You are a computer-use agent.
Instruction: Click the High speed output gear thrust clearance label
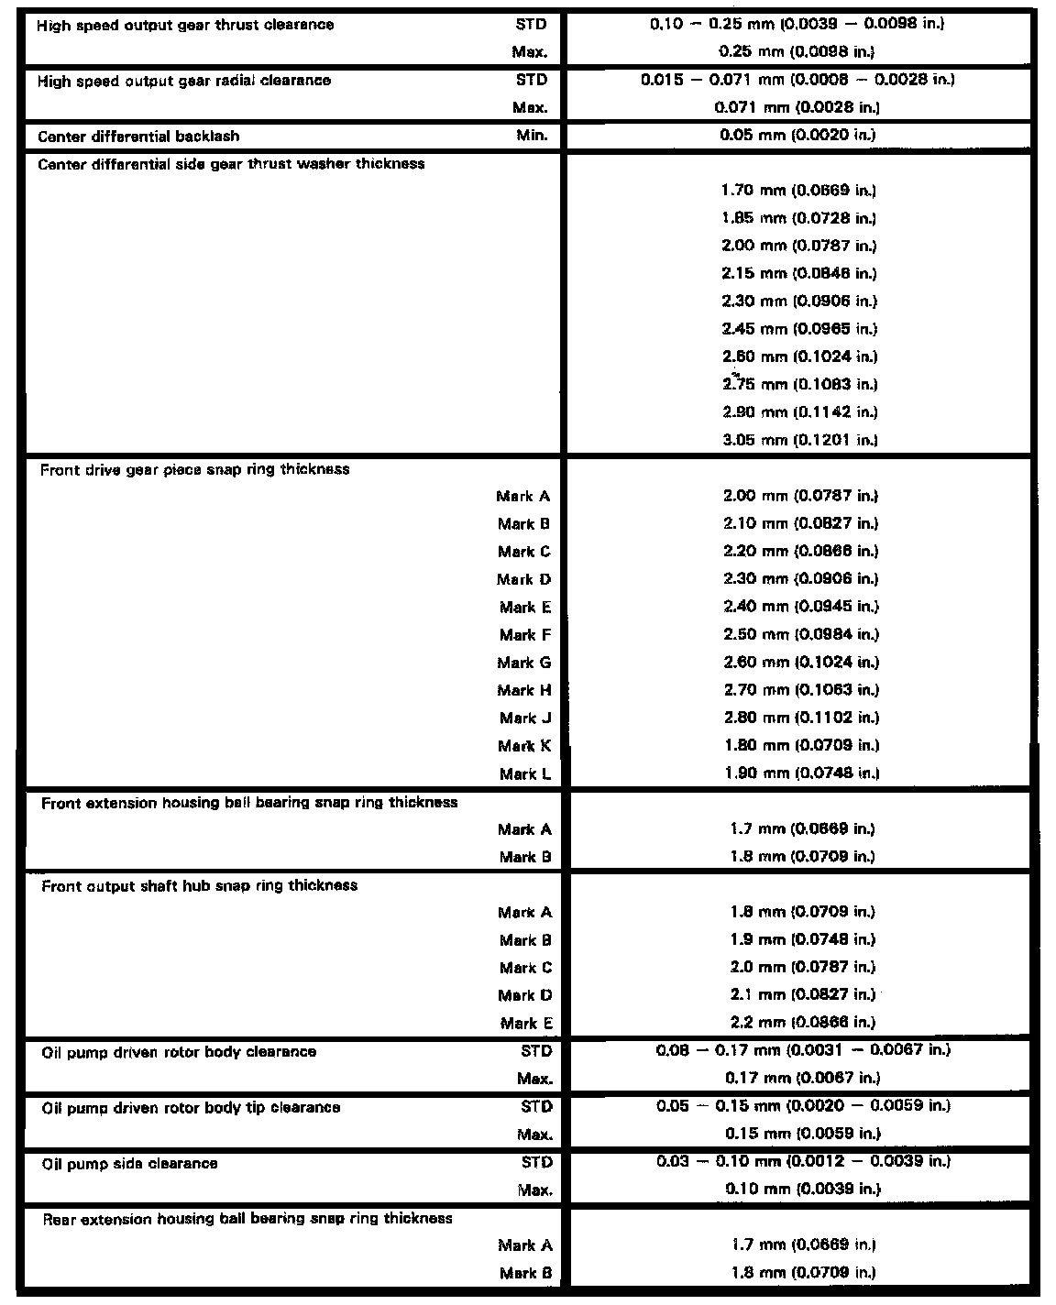[185, 25]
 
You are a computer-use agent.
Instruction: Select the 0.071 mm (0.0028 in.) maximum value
[797, 107]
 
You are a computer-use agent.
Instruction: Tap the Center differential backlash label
[138, 137]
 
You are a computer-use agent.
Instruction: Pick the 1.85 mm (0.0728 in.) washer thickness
[798, 218]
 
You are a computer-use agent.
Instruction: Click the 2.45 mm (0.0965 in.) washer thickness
[798, 329]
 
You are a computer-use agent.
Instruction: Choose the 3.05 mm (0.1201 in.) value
[799, 440]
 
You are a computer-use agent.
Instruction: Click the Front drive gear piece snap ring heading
[194, 469]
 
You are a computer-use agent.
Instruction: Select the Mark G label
[524, 663]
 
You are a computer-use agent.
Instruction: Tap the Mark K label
[525, 746]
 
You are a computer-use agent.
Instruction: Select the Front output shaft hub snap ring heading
[199, 885]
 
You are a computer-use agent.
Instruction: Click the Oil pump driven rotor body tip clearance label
[191, 1107]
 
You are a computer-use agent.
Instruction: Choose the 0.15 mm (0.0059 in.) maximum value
[802, 1134]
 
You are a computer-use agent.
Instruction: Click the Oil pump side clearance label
[129, 1163]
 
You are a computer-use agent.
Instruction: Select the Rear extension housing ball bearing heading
[247, 1219]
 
